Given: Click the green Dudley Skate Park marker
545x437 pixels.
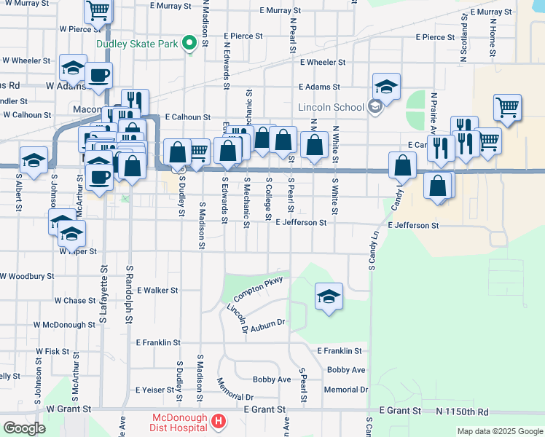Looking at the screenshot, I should [x=189, y=42].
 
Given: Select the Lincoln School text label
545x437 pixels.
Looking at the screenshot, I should [x=331, y=108].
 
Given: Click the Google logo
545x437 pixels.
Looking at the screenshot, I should [x=23, y=428].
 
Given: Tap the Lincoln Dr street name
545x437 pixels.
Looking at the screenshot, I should [x=237, y=318].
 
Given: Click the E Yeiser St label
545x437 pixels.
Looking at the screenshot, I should [x=157, y=389].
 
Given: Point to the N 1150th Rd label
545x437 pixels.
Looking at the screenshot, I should [x=463, y=412].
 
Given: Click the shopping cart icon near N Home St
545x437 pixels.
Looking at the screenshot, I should [x=507, y=109].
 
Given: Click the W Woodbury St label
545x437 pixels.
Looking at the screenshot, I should [x=27, y=277].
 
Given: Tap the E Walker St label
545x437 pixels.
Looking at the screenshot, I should [x=157, y=290].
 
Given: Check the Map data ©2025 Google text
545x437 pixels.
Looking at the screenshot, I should [x=499, y=431].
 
